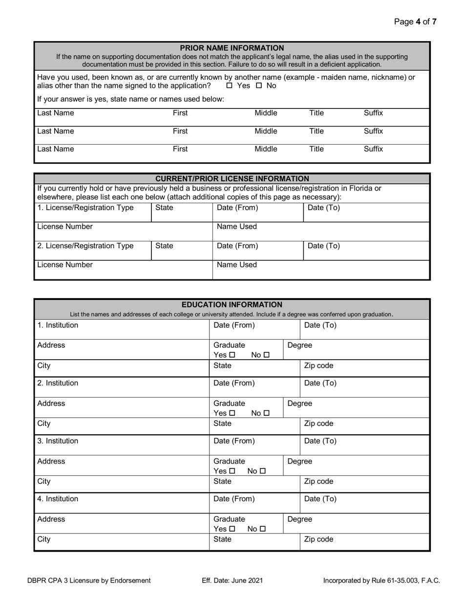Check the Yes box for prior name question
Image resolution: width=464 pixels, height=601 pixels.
click(x=230, y=86)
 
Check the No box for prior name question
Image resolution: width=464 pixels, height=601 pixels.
click(x=259, y=86)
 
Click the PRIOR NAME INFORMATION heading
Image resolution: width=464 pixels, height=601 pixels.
click(x=232, y=48)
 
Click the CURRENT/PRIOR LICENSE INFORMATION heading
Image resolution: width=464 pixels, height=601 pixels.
click(x=232, y=179)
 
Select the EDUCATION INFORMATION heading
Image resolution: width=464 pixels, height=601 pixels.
click(x=232, y=305)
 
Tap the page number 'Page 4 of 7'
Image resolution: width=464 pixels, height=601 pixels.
click(x=415, y=21)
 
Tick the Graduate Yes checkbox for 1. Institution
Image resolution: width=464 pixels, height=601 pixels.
click(x=232, y=355)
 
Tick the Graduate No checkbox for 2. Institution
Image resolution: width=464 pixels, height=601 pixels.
click(x=266, y=413)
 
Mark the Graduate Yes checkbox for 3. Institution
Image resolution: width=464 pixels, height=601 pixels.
click(x=232, y=471)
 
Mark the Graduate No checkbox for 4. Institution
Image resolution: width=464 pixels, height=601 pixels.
click(x=263, y=529)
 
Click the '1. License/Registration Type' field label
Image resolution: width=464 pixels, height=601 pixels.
click(x=85, y=208)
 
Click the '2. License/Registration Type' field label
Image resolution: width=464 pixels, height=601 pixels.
click(x=85, y=246)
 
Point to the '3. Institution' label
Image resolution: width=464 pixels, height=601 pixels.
click(x=58, y=441)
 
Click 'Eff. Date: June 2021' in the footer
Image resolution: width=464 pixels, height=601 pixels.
click(x=232, y=580)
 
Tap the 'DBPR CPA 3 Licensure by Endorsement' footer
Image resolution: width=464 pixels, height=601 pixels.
click(x=89, y=580)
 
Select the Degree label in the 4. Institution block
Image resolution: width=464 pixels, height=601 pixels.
click(x=299, y=519)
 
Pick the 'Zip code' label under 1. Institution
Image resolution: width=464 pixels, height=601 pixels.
click(x=318, y=365)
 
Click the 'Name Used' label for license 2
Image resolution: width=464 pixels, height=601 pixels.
click(x=236, y=265)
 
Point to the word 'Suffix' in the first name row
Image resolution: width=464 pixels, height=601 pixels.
click(x=373, y=113)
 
